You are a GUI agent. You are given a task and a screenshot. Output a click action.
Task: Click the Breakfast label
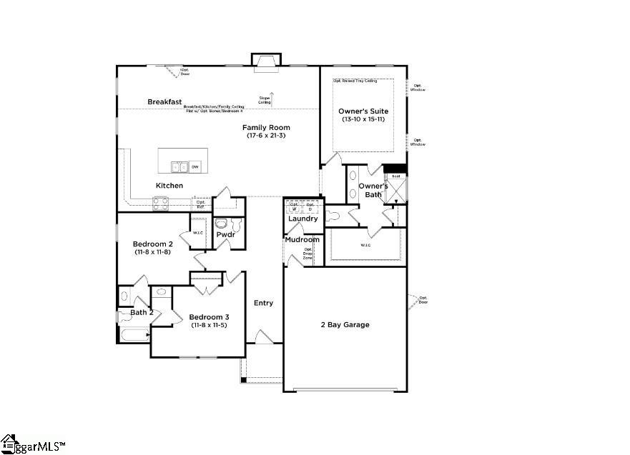click(165, 102)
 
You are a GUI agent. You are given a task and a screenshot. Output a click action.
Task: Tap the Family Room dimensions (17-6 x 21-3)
click(265, 136)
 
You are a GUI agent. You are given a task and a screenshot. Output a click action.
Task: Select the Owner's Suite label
click(363, 111)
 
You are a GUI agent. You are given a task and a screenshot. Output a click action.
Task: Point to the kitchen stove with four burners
click(161, 202)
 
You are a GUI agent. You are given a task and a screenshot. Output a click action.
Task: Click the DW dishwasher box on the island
click(195, 166)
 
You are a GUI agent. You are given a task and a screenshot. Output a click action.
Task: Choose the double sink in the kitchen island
click(179, 167)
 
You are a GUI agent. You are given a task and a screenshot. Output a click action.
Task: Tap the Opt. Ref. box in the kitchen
click(201, 204)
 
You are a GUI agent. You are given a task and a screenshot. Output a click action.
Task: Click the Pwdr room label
click(226, 234)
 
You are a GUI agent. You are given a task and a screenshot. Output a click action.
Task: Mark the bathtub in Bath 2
click(132, 334)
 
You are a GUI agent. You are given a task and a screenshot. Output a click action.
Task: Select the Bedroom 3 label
click(209, 317)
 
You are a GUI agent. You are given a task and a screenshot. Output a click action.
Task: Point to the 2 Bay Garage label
click(345, 325)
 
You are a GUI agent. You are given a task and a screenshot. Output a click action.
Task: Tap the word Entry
click(263, 303)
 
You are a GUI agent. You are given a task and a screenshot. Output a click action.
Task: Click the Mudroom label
click(302, 239)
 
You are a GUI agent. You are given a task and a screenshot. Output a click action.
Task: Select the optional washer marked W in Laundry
click(294, 206)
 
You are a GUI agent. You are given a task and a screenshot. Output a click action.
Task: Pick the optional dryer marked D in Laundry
click(311, 206)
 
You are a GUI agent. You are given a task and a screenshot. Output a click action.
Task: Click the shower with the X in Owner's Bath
click(395, 190)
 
